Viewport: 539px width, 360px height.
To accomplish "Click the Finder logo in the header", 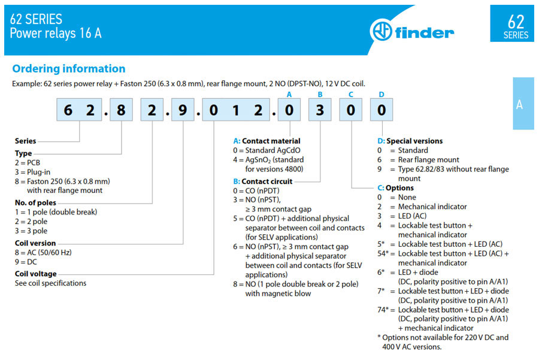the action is coord(412,31).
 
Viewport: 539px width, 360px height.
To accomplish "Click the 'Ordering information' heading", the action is coord(69,69).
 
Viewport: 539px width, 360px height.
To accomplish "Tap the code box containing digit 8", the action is coord(121,110).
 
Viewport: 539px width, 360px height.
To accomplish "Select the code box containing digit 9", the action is coord(183,110).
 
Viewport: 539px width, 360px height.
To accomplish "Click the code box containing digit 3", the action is coord(320,110).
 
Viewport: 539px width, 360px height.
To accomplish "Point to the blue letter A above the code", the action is coord(289,95).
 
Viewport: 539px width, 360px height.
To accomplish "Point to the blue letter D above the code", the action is coord(381,95).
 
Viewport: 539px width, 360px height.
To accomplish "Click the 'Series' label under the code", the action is coord(25,141).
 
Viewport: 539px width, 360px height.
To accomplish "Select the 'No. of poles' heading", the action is coord(35,203).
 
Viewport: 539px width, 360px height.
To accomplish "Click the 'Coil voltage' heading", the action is coord(36,274).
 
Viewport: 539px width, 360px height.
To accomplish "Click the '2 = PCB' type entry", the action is coord(28,163).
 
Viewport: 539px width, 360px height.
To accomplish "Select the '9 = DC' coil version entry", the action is coord(26,262).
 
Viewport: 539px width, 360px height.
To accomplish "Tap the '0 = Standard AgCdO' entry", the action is coord(267,150).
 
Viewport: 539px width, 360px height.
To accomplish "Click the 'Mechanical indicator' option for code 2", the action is coord(432,207).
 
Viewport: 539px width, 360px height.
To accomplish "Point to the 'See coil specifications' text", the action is coord(50,283).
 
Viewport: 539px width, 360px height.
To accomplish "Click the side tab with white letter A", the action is coord(523,104).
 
